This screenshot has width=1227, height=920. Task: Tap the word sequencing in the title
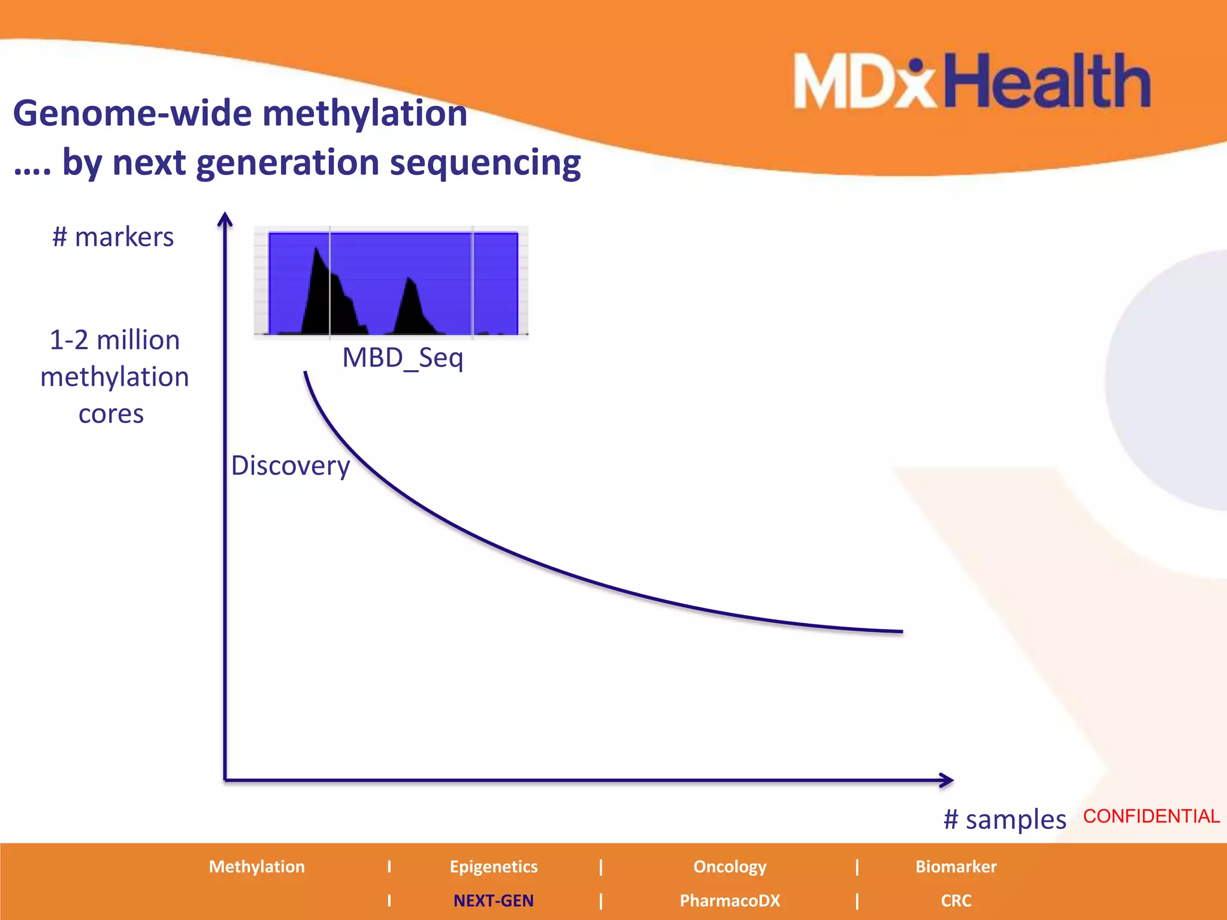(485, 163)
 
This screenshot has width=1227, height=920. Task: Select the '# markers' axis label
(113, 237)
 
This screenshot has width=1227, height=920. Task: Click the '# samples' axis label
(1005, 819)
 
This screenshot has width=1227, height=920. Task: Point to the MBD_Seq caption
(403, 358)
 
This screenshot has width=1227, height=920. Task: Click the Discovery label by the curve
(291, 465)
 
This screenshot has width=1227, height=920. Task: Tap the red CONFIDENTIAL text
(1151, 816)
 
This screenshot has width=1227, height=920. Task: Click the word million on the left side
(138, 340)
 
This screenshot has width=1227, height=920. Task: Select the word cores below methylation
(111, 414)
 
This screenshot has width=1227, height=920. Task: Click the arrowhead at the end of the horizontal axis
(947, 780)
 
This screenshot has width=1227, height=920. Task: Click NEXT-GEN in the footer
(493, 900)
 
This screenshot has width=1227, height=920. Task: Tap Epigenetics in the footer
(493, 867)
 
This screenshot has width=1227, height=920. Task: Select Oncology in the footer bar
(729, 867)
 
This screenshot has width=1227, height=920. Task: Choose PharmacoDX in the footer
(729, 900)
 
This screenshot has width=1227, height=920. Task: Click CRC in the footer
(956, 900)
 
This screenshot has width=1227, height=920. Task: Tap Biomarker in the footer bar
(956, 867)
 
